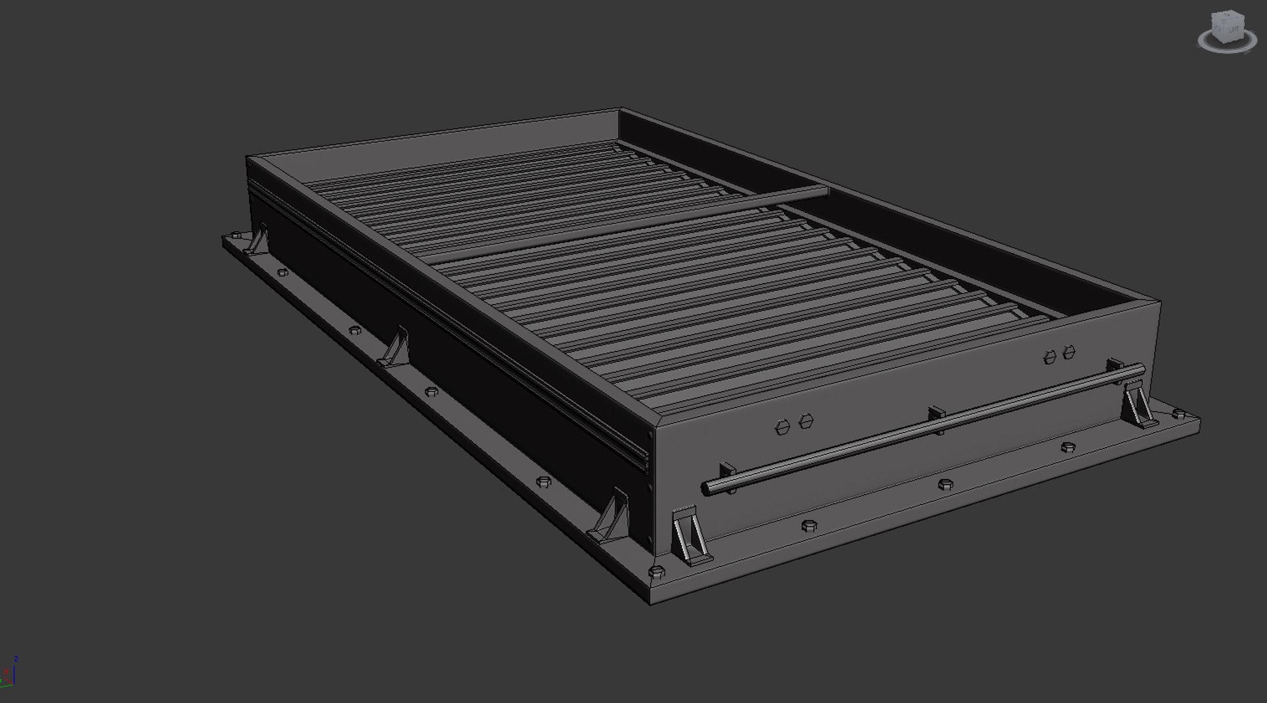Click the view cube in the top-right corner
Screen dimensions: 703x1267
(x=1226, y=31)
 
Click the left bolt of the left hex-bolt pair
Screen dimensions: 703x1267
(x=783, y=427)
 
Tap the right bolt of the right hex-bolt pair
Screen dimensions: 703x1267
(x=1069, y=351)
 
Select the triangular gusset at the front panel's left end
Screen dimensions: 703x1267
(x=688, y=538)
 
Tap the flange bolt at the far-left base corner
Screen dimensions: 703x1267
(x=235, y=235)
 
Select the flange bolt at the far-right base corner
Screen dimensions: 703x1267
(x=1179, y=413)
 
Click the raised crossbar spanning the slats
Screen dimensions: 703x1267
(x=627, y=224)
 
